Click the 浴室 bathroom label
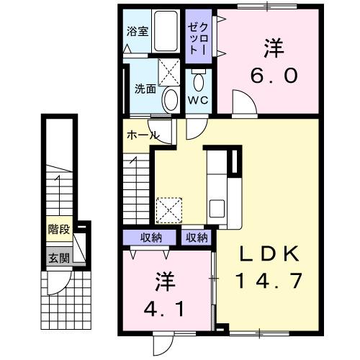pyautogui.click(x=137, y=32)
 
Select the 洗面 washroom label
pyautogui.click(x=145, y=89)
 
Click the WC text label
pyautogui.click(x=198, y=100)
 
